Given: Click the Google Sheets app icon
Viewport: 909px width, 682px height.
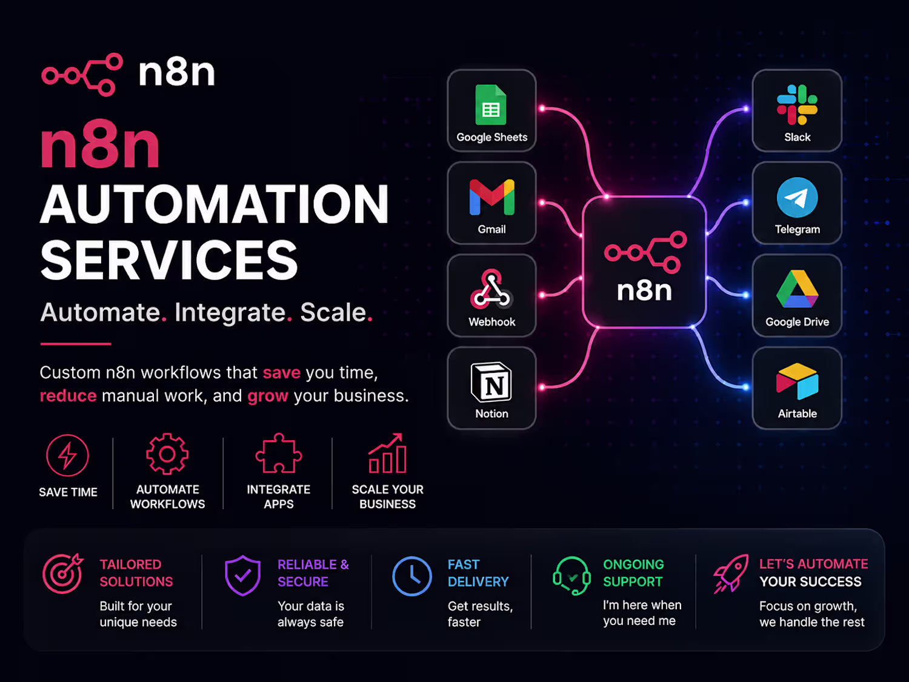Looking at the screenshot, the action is (x=491, y=105).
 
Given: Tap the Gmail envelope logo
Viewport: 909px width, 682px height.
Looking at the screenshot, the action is (x=492, y=197).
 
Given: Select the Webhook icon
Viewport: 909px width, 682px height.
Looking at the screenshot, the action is (x=491, y=289).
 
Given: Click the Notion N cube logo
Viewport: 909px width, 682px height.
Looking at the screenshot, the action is (x=491, y=382).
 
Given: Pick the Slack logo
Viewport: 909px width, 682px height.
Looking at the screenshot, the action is (x=797, y=105).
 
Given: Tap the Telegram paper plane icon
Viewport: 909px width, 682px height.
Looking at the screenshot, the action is (x=797, y=198).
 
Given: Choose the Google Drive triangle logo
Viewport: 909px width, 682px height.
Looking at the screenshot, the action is (x=797, y=289).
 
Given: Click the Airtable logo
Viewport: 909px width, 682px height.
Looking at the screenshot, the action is (x=797, y=381).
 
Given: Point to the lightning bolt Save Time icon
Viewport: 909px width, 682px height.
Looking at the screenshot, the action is (x=67, y=455).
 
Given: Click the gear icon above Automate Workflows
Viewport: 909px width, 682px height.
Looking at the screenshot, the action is (x=167, y=453).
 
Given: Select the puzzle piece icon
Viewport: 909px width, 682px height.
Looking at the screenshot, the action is (x=278, y=453).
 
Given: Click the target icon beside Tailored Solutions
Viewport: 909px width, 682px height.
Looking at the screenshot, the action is (x=63, y=574).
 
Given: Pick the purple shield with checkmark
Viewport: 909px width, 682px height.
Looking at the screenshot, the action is (x=242, y=575).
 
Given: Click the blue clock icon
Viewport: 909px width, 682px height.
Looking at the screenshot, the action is (x=411, y=576).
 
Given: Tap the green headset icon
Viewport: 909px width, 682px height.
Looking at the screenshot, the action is (x=571, y=575).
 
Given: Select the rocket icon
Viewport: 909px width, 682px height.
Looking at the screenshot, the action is (x=731, y=574).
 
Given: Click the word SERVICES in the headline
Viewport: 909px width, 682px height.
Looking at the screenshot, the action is (x=169, y=260).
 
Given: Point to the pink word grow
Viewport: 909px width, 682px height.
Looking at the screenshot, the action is (x=267, y=396).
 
